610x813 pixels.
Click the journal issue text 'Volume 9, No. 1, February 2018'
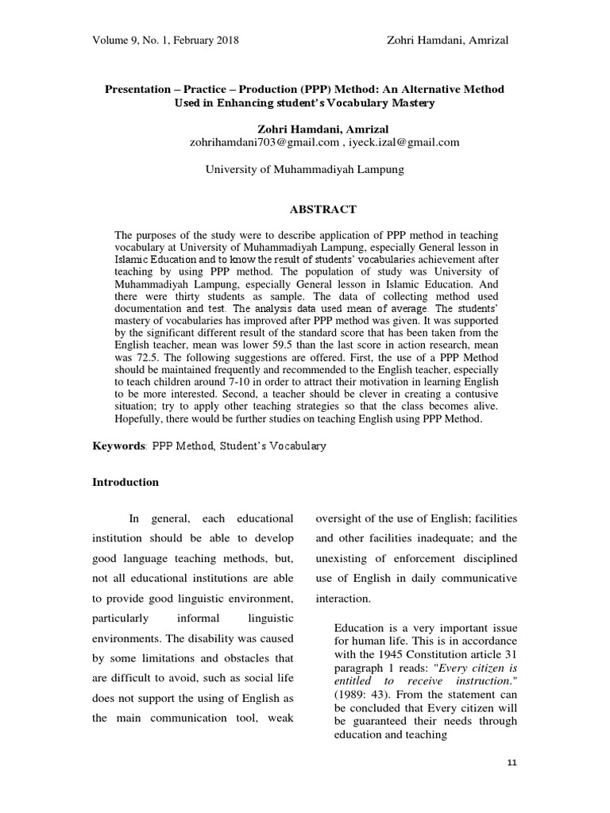coord(166,40)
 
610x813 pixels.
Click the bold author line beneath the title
coord(304,129)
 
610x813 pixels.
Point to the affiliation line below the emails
coord(305,169)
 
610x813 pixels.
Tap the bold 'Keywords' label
coord(118,446)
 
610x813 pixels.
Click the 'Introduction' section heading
coord(126,482)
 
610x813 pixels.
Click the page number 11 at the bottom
coord(512,764)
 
